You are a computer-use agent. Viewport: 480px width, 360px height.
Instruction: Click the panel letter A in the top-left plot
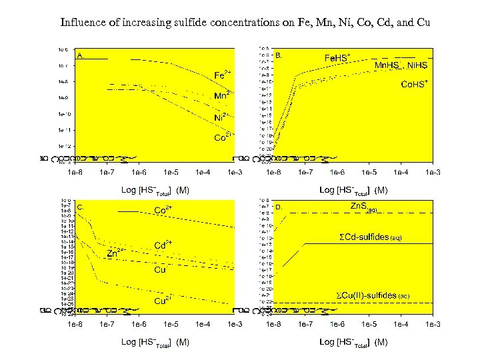coord(80,55)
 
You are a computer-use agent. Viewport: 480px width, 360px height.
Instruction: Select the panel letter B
coord(279,55)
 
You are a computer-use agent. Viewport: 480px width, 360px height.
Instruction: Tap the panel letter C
coord(80,207)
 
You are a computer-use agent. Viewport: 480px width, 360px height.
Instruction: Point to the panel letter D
coord(279,207)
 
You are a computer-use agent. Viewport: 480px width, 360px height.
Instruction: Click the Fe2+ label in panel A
coord(223,73)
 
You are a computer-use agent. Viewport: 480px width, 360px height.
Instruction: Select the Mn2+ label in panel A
coord(223,95)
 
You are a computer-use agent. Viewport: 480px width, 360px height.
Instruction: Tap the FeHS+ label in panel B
coord(337,58)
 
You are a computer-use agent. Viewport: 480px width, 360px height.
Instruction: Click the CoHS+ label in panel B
coord(414,85)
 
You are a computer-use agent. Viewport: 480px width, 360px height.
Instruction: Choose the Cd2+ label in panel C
coord(164,245)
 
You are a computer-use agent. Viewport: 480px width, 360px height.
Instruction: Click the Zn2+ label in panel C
coord(117,253)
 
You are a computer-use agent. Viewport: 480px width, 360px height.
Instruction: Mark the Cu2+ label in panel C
coord(164,301)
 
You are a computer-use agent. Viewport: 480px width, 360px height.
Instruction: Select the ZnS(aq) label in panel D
coord(365,207)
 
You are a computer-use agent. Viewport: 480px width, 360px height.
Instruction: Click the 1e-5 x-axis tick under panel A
coord(171,172)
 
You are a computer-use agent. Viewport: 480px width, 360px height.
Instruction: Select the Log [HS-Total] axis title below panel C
coord(155,342)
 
